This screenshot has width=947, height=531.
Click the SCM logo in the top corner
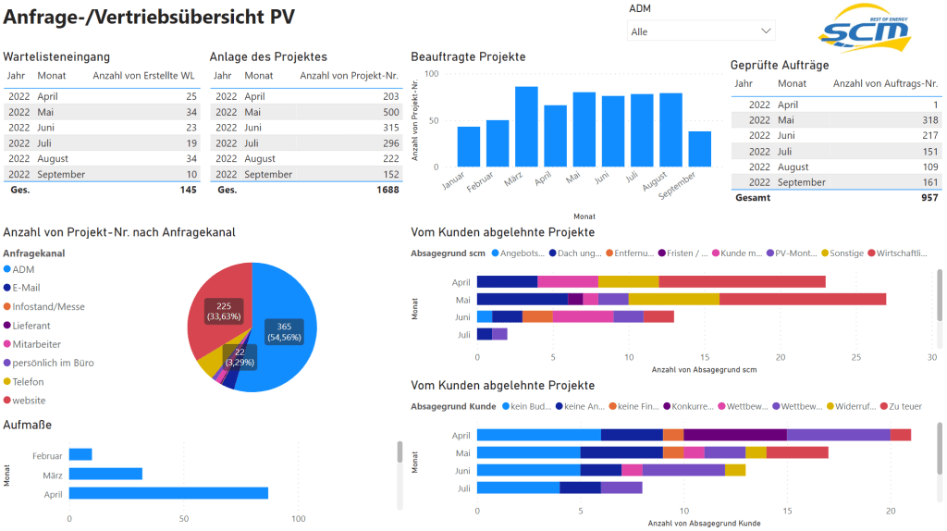click(864, 29)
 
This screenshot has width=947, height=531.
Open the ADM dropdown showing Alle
click(700, 31)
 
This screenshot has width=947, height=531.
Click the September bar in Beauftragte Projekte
click(700, 149)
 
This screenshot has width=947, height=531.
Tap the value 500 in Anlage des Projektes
click(389, 112)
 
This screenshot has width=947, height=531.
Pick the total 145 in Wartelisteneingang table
click(188, 190)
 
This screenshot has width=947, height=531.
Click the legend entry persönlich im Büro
click(53, 363)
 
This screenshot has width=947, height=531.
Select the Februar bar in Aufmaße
click(80, 454)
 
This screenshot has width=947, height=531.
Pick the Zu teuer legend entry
click(904, 406)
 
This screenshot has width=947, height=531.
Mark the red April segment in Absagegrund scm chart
click(742, 281)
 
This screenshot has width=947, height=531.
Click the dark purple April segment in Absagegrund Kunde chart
click(735, 435)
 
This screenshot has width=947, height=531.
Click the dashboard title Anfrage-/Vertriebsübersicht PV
click(156, 18)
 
